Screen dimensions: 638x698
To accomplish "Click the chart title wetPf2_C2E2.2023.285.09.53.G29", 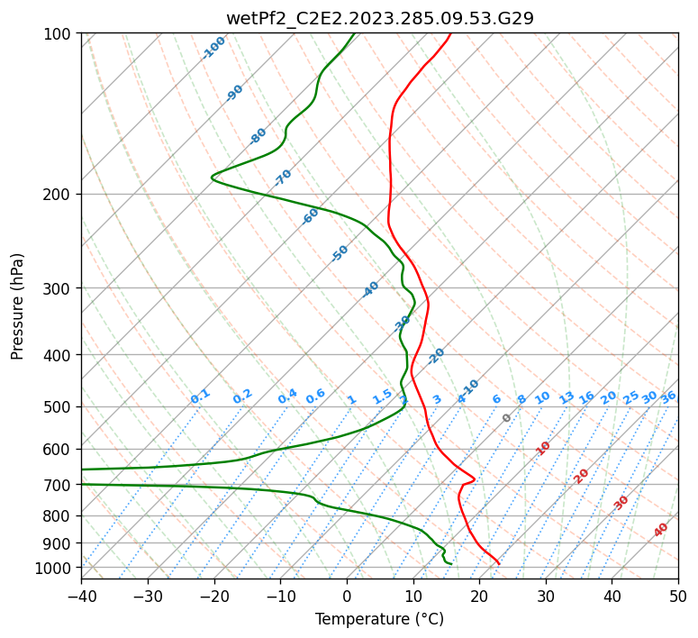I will coord(379,18).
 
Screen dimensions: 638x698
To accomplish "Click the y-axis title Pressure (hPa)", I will coord(18,305).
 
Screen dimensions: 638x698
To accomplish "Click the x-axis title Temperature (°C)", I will coord(379,619).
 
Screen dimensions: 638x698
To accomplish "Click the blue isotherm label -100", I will coord(214,47).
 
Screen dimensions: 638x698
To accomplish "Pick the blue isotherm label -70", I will coord(283,177).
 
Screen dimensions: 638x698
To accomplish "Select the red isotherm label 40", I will coord(661,530).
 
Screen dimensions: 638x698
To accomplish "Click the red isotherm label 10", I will coord(543,448).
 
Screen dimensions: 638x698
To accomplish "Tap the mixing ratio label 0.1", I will coord(200,396).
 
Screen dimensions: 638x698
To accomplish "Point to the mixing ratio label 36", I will coord(668,396).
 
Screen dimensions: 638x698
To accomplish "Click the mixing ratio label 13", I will coord(567,397).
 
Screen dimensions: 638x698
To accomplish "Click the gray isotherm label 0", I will coord(507,418).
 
